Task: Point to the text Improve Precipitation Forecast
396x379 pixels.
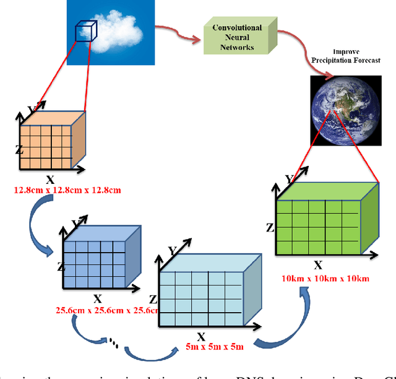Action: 339,56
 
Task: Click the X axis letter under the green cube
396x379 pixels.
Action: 318,265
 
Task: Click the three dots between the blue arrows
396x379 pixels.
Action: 114,341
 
